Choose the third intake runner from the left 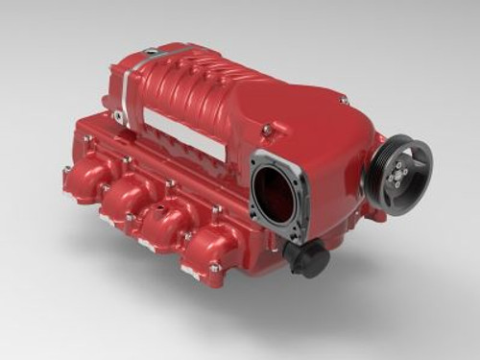coord(170,225)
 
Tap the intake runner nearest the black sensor coord(211,252)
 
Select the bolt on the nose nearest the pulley coord(343,100)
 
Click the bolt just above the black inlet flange coord(269,129)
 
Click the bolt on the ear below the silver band coord(117,117)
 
